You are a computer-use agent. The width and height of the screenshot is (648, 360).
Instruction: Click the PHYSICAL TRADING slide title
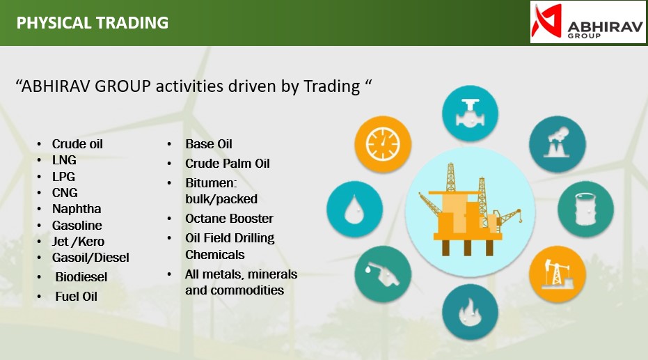point(93,23)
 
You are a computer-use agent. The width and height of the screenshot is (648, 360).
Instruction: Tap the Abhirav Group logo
point(587,22)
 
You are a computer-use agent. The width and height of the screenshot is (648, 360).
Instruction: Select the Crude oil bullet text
point(77,144)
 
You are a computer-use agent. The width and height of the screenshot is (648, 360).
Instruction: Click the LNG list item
point(64,160)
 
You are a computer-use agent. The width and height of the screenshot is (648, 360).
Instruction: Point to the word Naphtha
point(77,209)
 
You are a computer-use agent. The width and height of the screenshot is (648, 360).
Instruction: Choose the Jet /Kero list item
point(78,242)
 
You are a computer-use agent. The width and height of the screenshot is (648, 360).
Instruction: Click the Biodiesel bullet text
point(81,277)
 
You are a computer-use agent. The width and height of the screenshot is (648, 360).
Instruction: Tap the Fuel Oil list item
point(76,297)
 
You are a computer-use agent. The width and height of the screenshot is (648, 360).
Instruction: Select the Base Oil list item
point(209,144)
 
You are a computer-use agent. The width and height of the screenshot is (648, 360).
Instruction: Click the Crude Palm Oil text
point(228,164)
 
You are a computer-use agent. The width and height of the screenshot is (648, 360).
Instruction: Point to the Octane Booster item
point(229,219)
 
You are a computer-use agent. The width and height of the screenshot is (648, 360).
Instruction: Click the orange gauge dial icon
point(383,144)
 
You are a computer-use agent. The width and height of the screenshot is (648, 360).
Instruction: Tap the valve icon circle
point(470,114)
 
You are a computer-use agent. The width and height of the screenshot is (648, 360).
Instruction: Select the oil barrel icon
point(585,209)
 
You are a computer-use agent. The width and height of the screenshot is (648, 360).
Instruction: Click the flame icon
point(470,312)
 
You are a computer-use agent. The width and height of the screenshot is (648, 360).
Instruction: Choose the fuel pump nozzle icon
point(383,274)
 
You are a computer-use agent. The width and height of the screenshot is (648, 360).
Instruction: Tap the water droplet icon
point(354,209)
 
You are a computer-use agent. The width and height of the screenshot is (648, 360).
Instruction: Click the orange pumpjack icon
point(558,274)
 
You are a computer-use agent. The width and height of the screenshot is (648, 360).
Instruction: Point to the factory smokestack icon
point(558,144)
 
